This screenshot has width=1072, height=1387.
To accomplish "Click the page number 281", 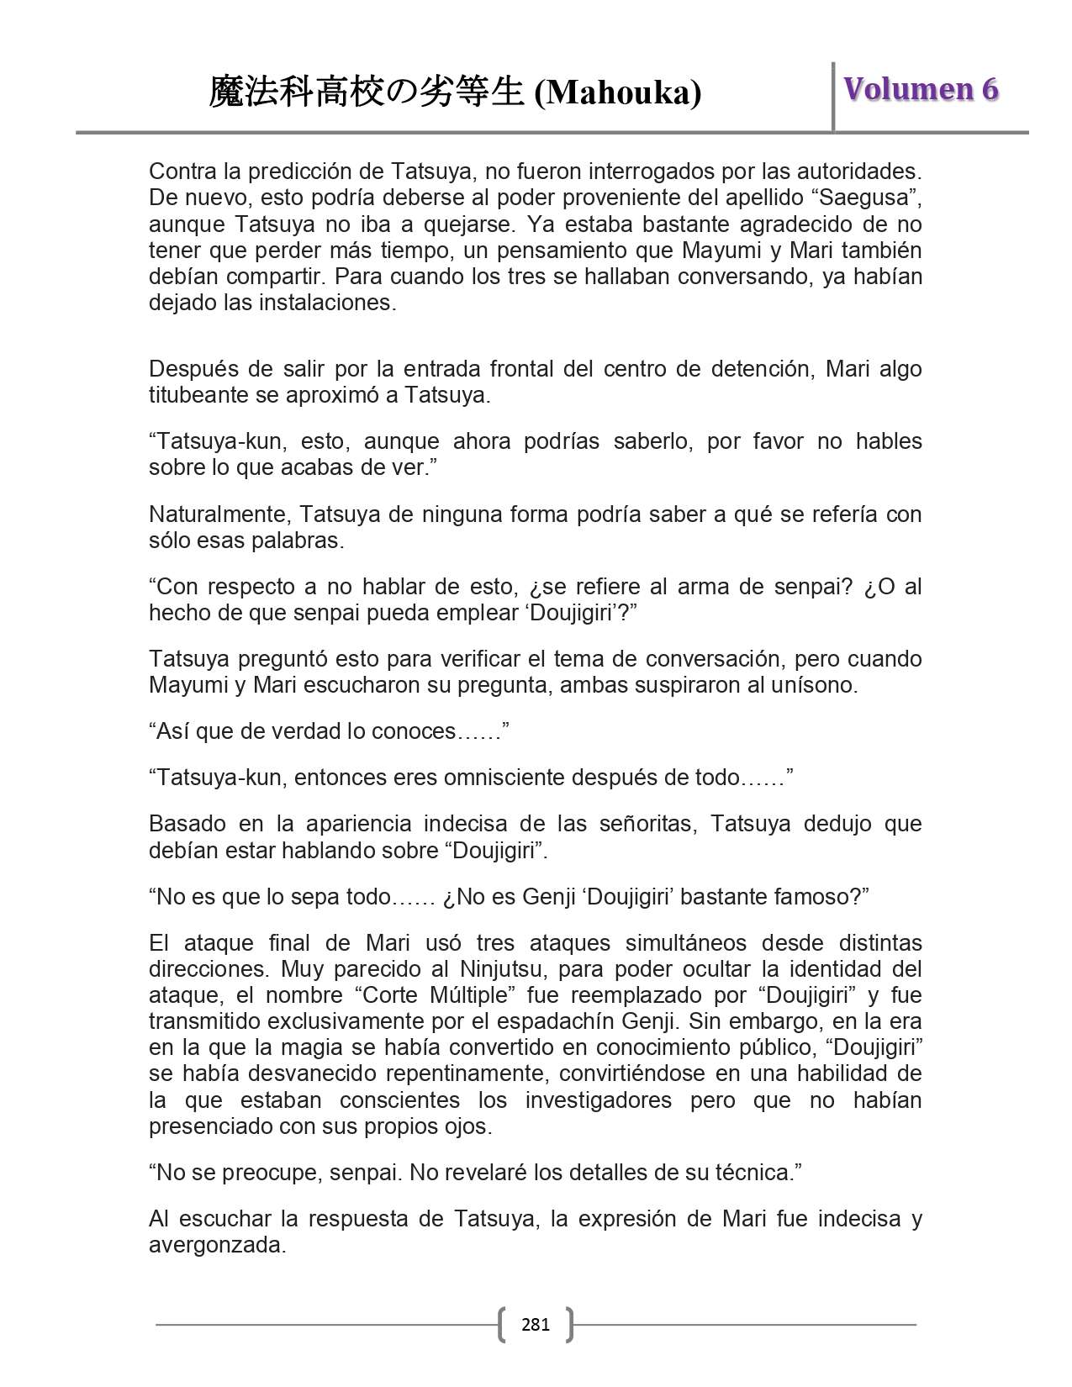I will click(x=536, y=1325).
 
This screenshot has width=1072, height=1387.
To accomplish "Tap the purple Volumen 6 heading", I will click(x=921, y=89).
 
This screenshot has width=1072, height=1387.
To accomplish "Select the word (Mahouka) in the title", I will click(x=618, y=92).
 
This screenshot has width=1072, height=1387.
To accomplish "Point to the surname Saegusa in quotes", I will click(x=872, y=198).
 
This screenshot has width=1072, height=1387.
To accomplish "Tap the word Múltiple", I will click(x=471, y=995).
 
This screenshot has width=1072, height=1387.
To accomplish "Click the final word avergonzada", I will click(x=217, y=1245).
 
